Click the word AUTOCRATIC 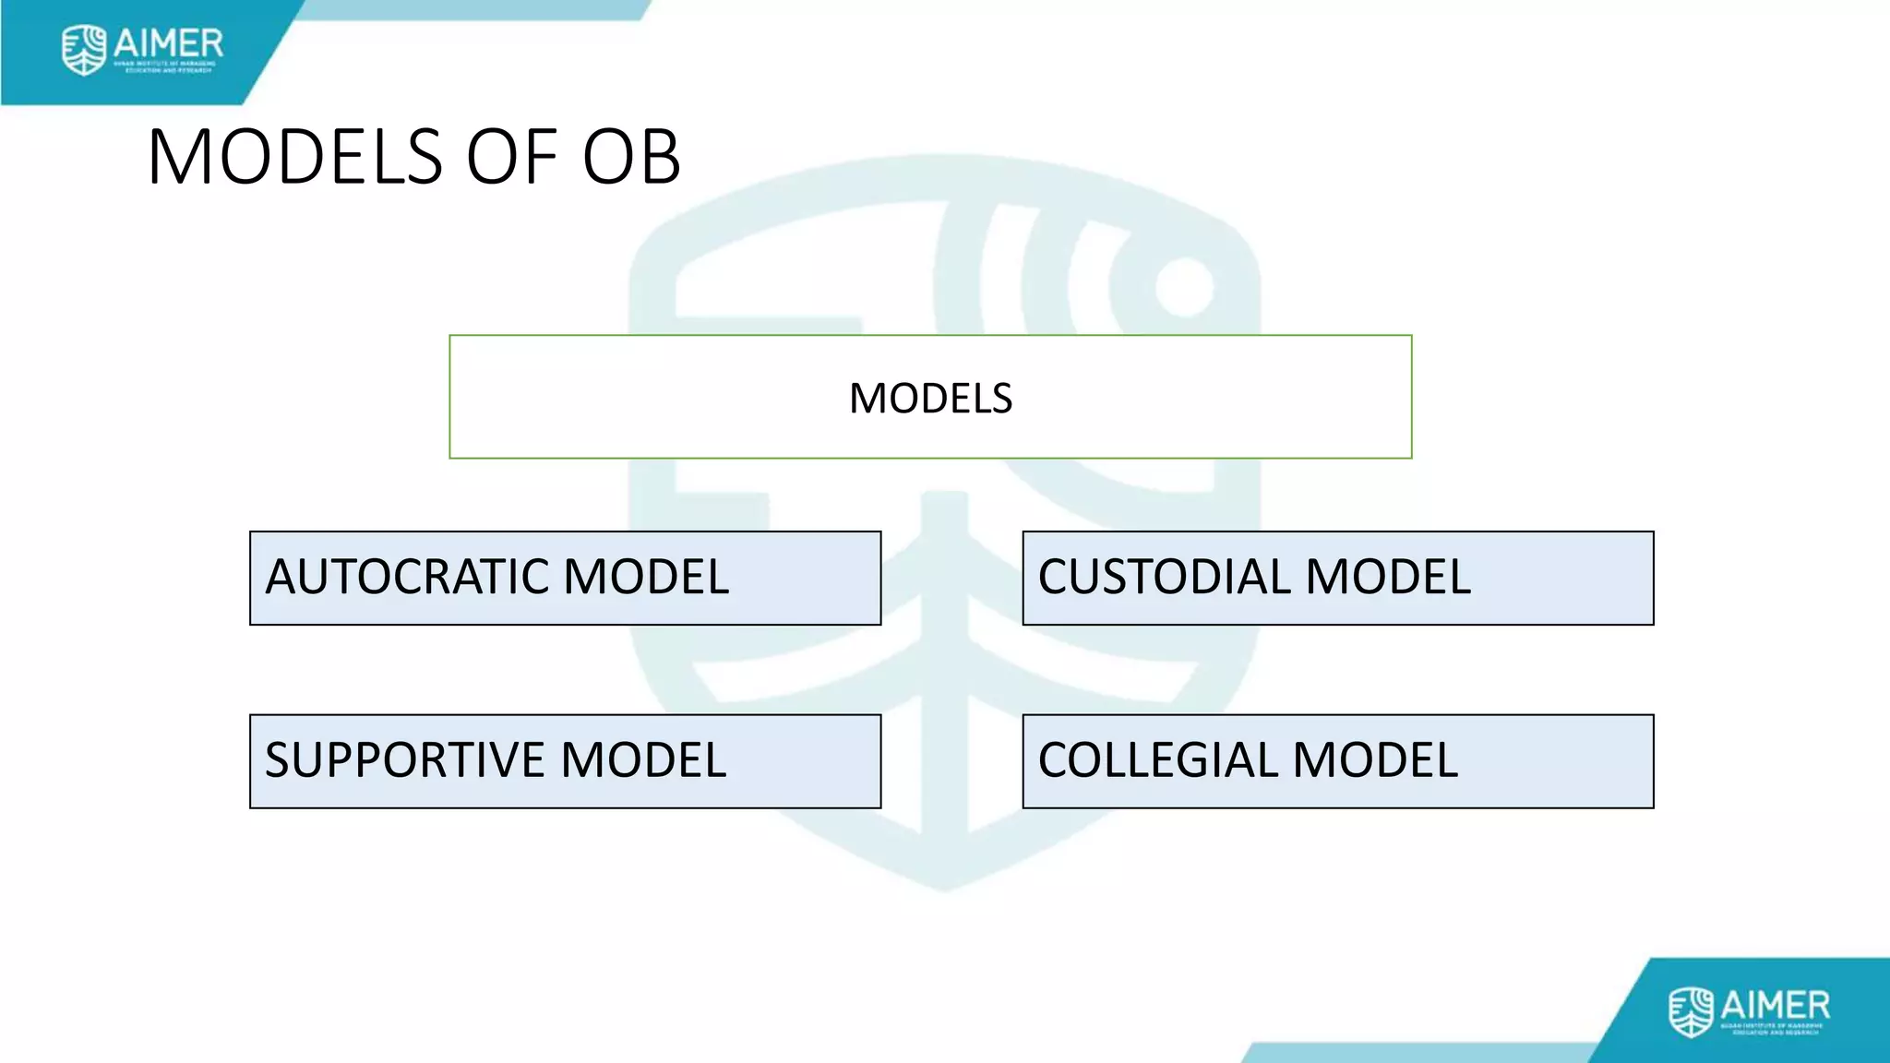point(406,578)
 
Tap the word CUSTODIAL point(1165,578)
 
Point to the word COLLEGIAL point(1157,761)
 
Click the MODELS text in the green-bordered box point(930,399)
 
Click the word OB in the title point(631,157)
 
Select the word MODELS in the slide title point(295,157)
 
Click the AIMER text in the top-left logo point(168,42)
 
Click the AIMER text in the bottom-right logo point(1775,1004)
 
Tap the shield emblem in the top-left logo point(84,50)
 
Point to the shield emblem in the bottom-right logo point(1691,1011)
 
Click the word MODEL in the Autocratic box point(646,578)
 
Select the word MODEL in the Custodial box point(1388,578)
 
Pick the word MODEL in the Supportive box point(643,761)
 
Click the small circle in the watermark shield point(1184,287)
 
